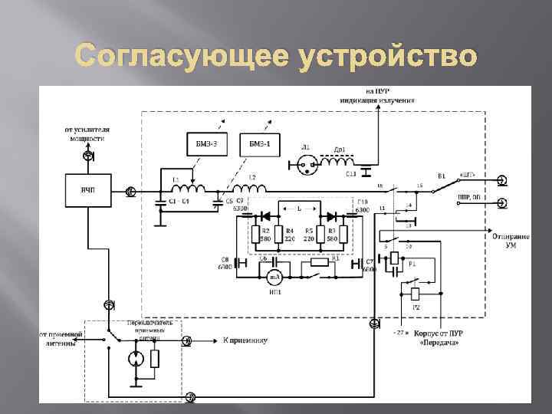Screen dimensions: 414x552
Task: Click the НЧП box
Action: click(x=89, y=189)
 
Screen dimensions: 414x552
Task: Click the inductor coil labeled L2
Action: click(x=250, y=189)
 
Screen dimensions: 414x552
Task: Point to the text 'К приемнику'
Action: click(x=245, y=340)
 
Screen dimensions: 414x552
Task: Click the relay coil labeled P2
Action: click(x=415, y=294)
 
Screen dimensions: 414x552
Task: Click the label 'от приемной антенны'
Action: click(x=59, y=339)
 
